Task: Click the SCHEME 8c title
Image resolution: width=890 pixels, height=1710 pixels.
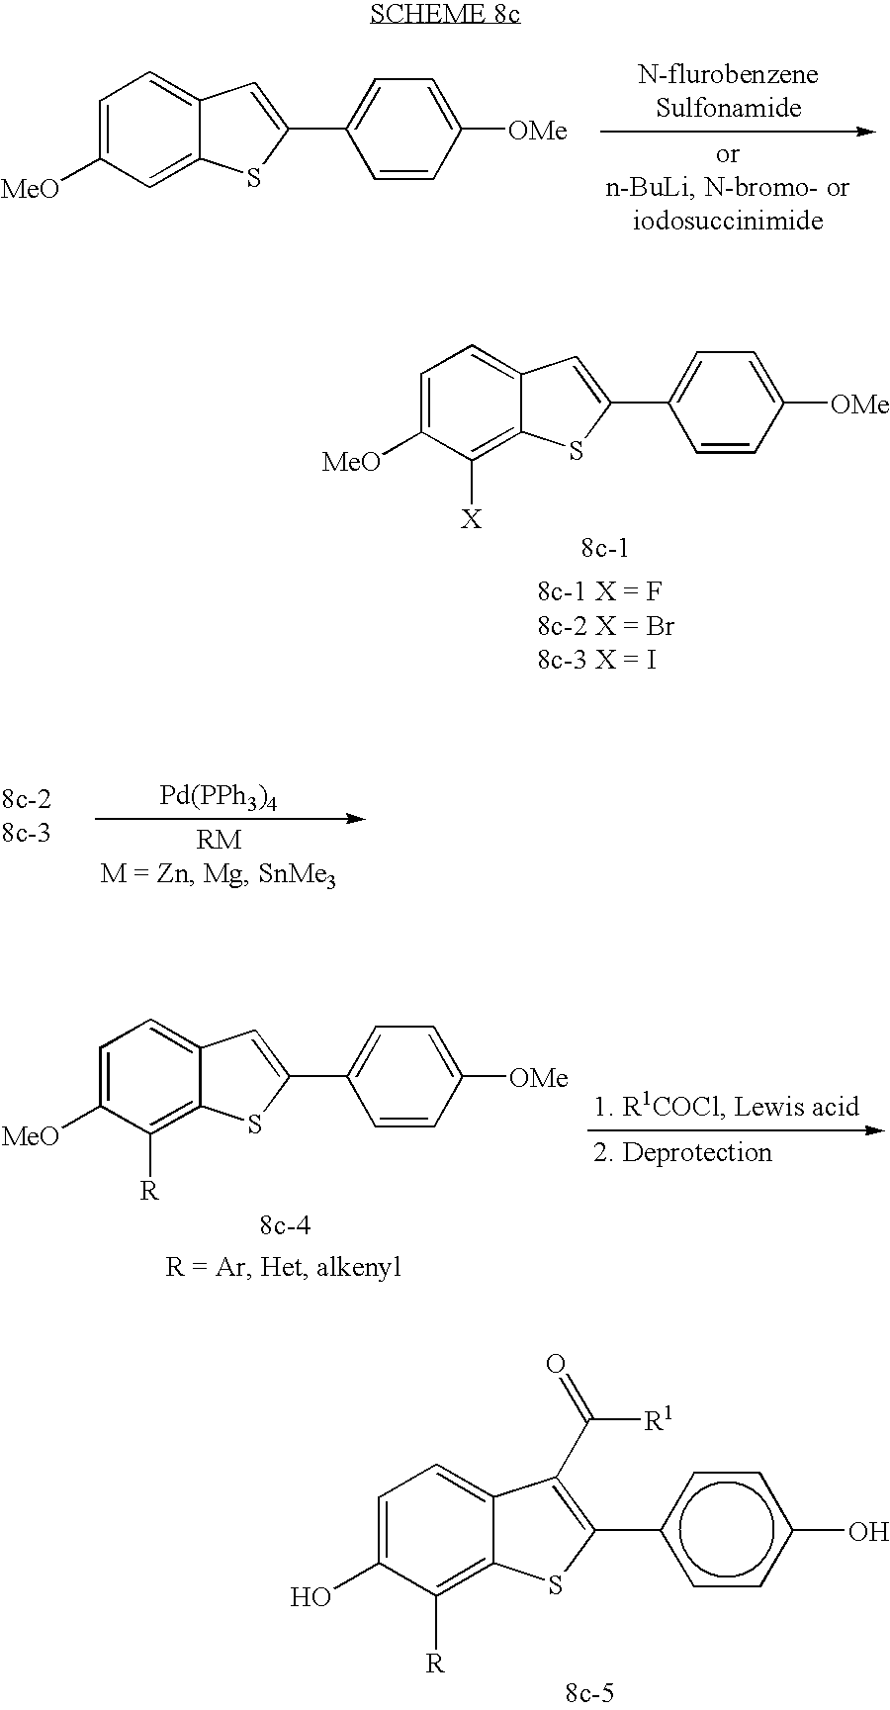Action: pos(445,15)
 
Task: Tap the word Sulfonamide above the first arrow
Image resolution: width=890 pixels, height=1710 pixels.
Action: pos(728,108)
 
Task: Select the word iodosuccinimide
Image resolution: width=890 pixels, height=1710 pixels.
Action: pos(728,220)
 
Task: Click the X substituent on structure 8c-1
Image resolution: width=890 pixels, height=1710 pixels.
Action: pos(472,518)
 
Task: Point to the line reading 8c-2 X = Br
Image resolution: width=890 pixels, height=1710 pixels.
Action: pos(606,625)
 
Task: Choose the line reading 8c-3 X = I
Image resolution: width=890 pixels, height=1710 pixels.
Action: pos(597,659)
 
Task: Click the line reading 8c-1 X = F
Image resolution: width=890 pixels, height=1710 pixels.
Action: pos(600,591)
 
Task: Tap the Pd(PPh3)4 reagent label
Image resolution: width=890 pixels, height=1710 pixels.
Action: pos(219,799)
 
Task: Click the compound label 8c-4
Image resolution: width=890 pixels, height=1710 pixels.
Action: pos(285,1225)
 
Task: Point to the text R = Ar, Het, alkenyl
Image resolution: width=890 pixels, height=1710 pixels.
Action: pos(284,1267)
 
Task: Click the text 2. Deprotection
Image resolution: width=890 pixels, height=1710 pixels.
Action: pos(682,1152)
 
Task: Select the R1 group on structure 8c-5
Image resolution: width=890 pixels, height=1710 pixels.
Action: pos(658,1420)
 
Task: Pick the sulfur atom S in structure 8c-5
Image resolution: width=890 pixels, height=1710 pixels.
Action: pos(555,1586)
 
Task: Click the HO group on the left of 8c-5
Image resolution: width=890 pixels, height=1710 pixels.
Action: pos(311,1597)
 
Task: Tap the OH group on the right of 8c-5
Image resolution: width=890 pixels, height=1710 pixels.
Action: pos(869,1533)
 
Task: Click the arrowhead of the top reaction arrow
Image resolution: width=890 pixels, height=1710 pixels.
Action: pos(866,131)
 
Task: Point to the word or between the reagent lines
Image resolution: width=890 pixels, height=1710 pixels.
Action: pos(728,154)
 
